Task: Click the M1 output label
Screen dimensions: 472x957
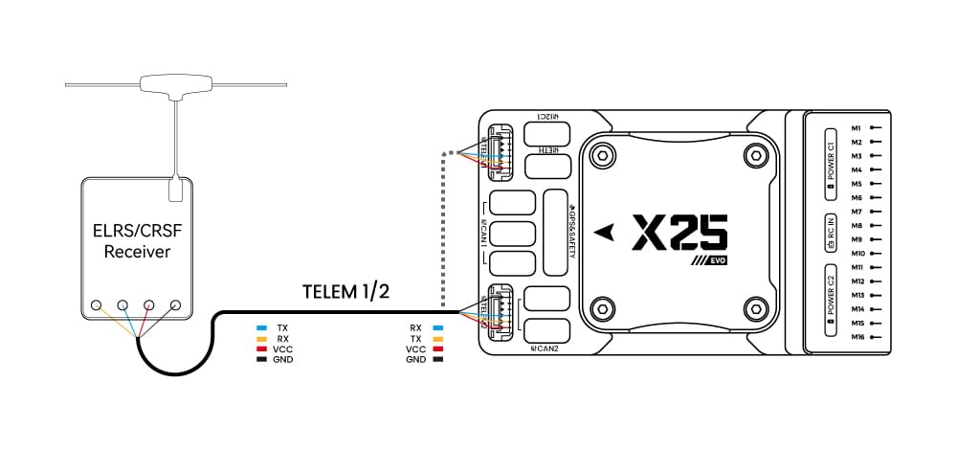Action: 857,127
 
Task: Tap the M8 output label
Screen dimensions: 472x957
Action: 857,225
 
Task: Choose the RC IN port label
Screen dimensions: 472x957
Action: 830,233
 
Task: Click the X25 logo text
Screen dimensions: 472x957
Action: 679,233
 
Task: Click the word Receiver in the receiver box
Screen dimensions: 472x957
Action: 137,253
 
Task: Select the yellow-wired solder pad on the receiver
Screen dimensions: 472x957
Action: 97,305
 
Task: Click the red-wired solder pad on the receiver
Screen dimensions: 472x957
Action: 149,305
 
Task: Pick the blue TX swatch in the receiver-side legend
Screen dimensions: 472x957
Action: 260,327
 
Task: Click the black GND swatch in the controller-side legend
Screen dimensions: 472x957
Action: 438,360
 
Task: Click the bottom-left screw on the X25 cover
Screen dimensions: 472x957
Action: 602,308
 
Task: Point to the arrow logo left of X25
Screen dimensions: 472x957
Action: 603,231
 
